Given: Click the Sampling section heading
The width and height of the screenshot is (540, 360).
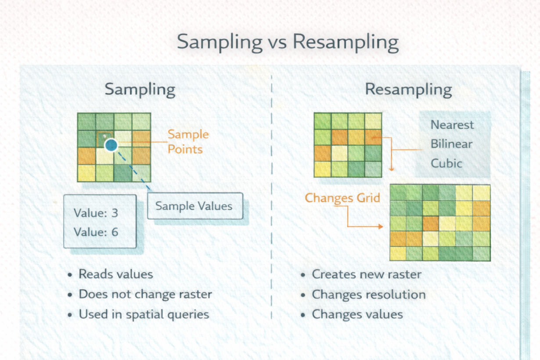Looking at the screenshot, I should pyautogui.click(x=140, y=90).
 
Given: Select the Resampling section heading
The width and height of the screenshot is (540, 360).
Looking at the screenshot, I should pyautogui.click(x=408, y=90).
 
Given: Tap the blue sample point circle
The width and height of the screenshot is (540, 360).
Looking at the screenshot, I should pyautogui.click(x=112, y=145).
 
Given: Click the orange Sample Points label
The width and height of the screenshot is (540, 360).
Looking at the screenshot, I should pyautogui.click(x=188, y=141).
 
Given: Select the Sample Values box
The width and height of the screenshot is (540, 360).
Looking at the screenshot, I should pyautogui.click(x=194, y=206).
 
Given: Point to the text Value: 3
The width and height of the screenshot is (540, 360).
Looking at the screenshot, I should pyautogui.click(x=96, y=213).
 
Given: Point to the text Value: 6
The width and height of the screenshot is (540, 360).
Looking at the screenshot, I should pyautogui.click(x=96, y=232).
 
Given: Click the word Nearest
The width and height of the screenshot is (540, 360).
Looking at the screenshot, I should pyautogui.click(x=452, y=125).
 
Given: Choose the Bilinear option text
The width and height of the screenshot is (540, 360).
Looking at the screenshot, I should pyautogui.click(x=451, y=144).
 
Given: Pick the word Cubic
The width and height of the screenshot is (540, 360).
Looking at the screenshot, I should pyautogui.click(x=446, y=163).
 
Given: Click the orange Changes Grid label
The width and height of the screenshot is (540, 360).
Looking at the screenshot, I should pyautogui.click(x=342, y=198).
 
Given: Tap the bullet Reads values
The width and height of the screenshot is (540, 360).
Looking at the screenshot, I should pyautogui.click(x=115, y=274).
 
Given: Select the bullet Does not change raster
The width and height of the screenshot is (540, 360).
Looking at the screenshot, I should pyautogui.click(x=145, y=294).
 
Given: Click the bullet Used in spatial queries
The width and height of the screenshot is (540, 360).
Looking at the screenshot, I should pyautogui.click(x=144, y=314).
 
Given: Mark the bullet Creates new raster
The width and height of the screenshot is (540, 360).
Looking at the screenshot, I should pyautogui.click(x=366, y=274).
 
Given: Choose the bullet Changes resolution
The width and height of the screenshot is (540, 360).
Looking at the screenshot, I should pyautogui.click(x=368, y=294).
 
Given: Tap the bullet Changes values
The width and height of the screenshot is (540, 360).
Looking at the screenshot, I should pyautogui.click(x=357, y=314).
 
